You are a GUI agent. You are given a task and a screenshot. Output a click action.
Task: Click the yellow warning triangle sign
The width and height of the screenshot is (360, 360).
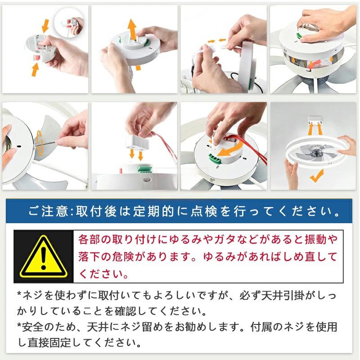[43, 257]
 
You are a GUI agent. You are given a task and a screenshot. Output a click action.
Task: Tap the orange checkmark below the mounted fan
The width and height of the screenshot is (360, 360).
[317, 176]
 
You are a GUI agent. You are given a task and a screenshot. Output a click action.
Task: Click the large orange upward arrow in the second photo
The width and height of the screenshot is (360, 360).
[132, 29]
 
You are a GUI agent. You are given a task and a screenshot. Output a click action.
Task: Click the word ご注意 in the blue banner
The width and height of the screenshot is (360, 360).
[48, 211]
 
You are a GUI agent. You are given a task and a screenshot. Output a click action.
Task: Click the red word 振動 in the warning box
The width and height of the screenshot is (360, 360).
[316, 239]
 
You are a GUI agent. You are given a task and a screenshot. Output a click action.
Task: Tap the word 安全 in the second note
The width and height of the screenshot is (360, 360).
[32, 327]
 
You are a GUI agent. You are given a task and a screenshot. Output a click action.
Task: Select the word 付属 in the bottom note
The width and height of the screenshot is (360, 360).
[261, 327]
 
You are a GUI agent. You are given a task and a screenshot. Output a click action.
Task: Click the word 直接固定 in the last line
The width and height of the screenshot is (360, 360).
[49, 342]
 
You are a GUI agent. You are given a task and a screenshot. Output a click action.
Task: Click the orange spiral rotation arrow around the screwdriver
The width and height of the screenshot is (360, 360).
[39, 143]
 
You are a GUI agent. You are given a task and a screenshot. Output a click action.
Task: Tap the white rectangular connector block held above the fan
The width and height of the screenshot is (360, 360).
[137, 141]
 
